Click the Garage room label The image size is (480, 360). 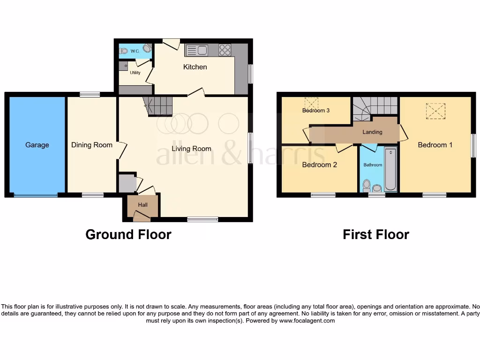tap(37, 145)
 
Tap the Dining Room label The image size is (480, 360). tap(92, 145)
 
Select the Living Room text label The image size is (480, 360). tap(191, 149)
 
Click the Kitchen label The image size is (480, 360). tap(195, 67)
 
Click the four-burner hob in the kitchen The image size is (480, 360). tap(225, 50)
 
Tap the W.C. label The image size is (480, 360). tap(135, 51)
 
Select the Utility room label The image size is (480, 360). tap(135, 73)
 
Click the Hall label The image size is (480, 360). tap(142, 205)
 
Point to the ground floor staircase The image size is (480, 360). tap(158, 106)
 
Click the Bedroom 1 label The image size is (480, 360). tap(435, 145)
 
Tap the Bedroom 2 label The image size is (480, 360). tap(319, 165)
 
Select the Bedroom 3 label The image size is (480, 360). tap(316, 111)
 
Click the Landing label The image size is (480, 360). tap(372, 132)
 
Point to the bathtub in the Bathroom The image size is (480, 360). tap(390, 169)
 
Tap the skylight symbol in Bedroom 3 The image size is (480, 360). tap(311, 102)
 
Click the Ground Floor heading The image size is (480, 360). tap(128, 234)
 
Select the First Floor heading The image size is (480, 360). tap(376, 234)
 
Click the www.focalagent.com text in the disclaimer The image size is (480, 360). tap(307, 321)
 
